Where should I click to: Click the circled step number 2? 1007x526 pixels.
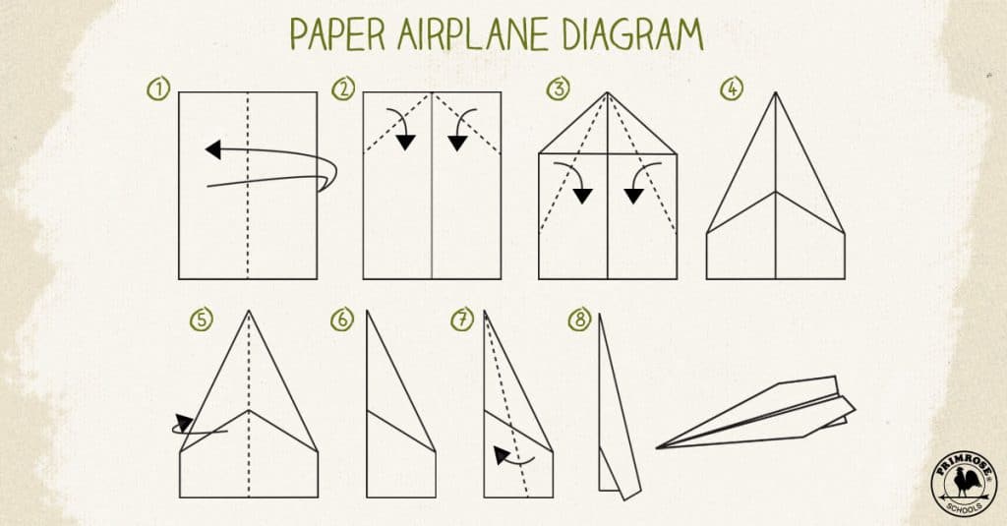click(x=343, y=90)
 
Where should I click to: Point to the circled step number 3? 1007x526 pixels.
click(x=559, y=90)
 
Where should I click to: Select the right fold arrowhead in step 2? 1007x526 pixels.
click(x=457, y=144)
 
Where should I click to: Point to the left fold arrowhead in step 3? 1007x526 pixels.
click(x=583, y=195)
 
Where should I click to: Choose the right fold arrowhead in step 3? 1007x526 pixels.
click(x=634, y=195)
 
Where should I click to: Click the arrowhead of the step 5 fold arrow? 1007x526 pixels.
click(x=183, y=424)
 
